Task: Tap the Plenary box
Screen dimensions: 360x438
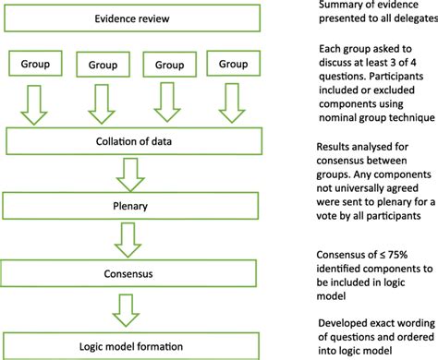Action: [140, 204]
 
